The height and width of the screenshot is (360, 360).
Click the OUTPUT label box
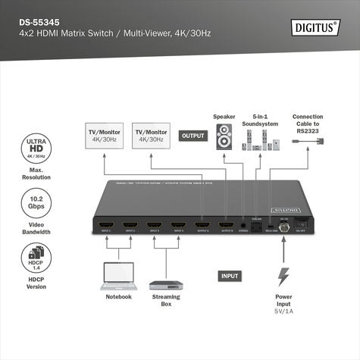(193, 136)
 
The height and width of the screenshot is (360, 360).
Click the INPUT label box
(230, 277)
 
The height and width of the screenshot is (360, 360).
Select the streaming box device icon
(165, 286)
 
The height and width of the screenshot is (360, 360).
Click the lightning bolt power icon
(284, 277)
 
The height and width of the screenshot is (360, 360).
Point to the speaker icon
(224, 139)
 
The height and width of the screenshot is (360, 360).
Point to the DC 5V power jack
(283, 224)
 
